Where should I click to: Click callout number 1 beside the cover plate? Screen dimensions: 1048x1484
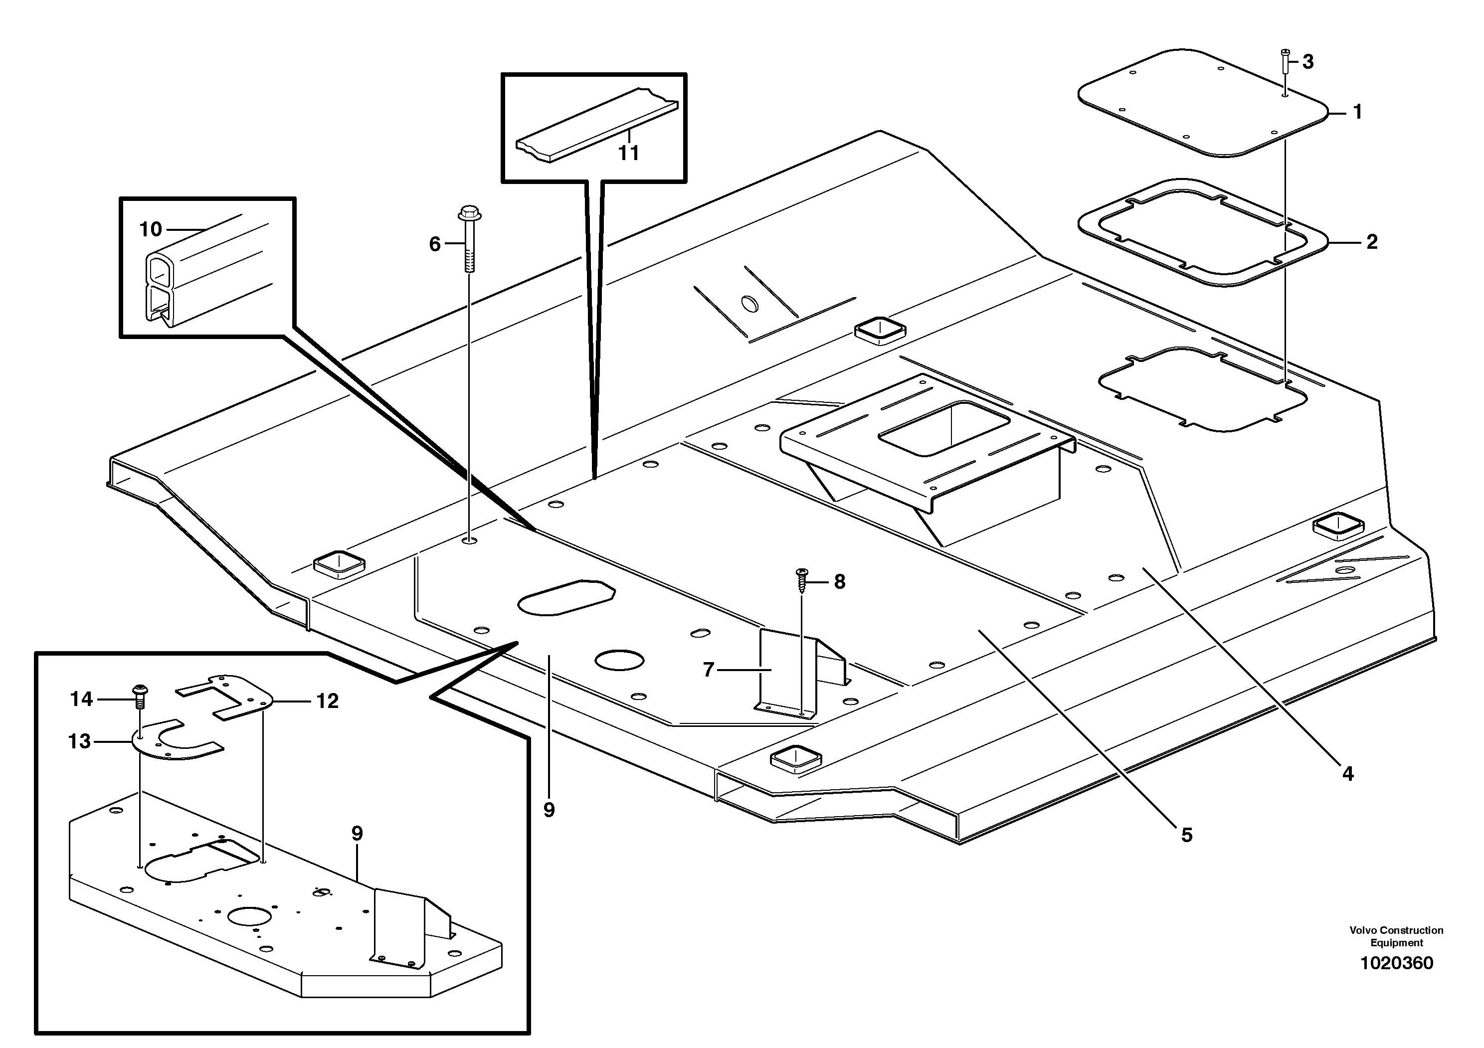pos(1357,112)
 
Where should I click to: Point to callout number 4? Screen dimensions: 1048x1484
pos(1348,773)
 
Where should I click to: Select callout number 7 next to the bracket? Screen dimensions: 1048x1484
pos(709,671)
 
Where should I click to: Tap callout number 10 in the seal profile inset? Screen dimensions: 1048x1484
pos(151,229)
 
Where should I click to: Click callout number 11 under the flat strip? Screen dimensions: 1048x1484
pos(628,153)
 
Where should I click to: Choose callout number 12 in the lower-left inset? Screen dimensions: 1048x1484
pos(328,701)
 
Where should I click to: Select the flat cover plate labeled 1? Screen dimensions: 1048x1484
pos(1202,103)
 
